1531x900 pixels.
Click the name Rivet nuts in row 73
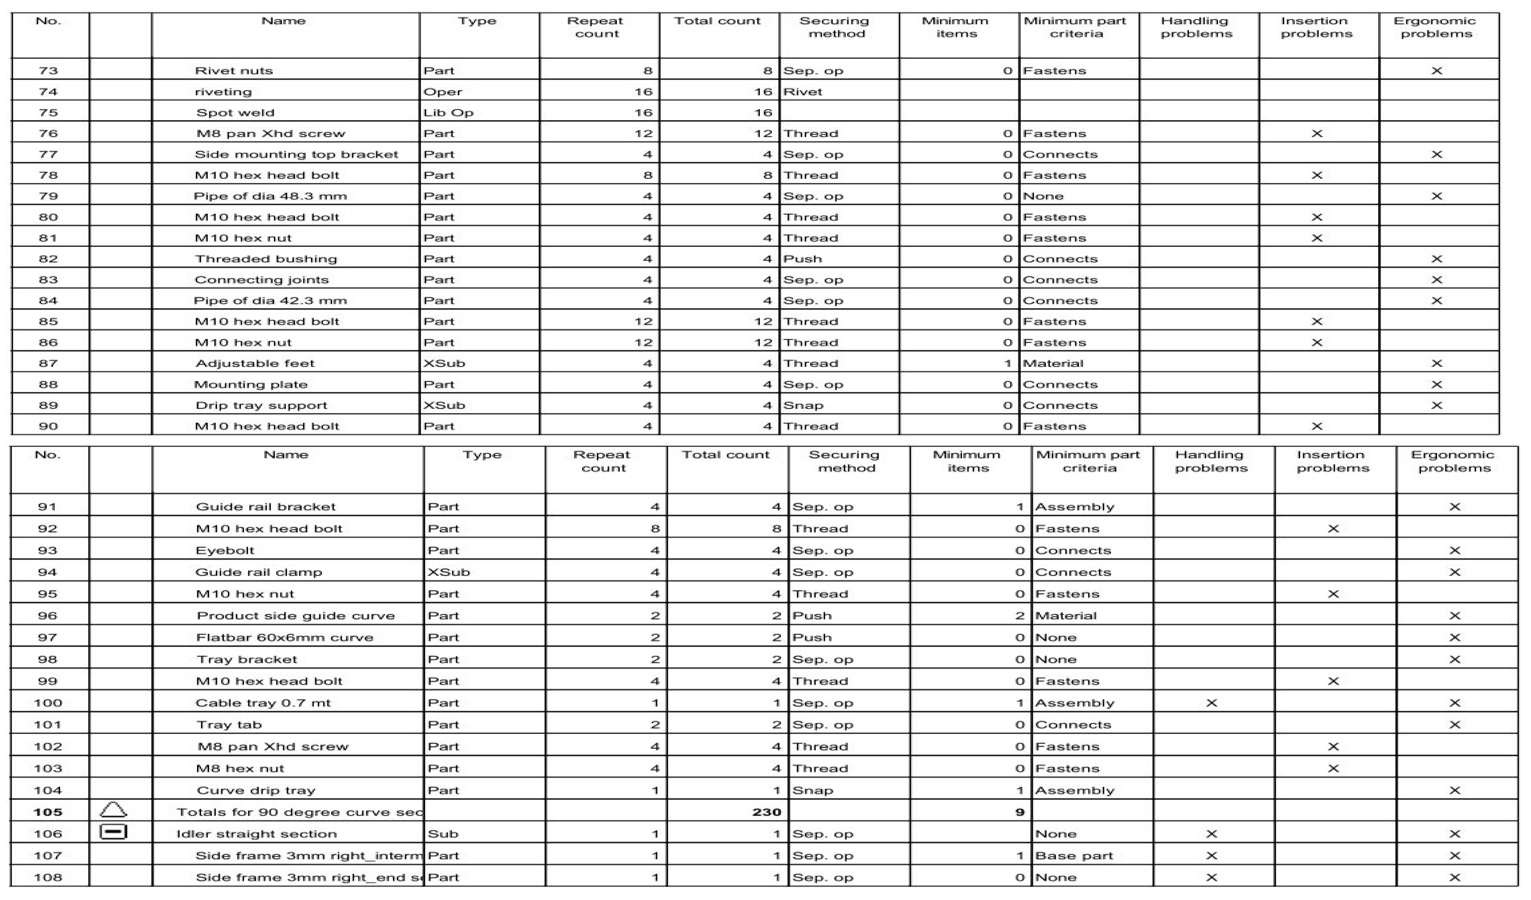[x=234, y=71]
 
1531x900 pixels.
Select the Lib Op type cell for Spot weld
[x=448, y=112]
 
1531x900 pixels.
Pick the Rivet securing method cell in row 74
[x=803, y=92]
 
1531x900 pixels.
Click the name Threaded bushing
[x=265, y=259]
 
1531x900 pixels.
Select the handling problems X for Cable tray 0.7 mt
[x=1211, y=703]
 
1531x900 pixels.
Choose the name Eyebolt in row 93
[x=225, y=551]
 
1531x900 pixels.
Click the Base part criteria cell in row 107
[x=1074, y=856]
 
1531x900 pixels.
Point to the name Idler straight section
[x=256, y=834]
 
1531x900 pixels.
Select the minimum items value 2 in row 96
[x=1019, y=616]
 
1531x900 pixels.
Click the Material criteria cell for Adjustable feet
[x=1053, y=363]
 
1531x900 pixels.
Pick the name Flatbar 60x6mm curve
[x=284, y=638]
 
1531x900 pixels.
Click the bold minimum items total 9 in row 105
[x=1019, y=812]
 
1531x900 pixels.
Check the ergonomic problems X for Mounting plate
[x=1436, y=385]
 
